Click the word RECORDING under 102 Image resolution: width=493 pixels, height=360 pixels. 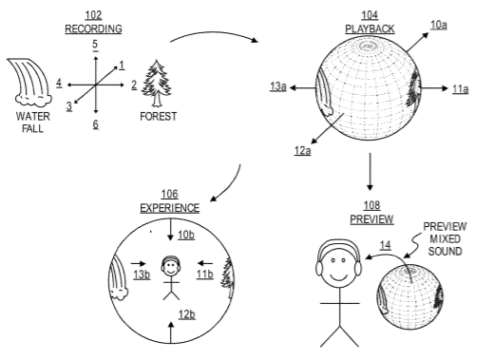click(x=93, y=28)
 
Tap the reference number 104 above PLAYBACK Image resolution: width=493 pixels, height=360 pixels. click(x=370, y=15)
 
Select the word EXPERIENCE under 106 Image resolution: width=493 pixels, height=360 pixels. click(x=170, y=208)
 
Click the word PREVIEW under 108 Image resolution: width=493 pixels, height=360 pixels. click(x=371, y=219)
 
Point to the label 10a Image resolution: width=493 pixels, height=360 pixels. click(x=439, y=25)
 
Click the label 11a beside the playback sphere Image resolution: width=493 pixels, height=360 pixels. click(x=460, y=89)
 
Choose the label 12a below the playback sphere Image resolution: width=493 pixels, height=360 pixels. click(x=302, y=150)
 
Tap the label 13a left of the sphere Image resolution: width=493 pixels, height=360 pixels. click(x=278, y=86)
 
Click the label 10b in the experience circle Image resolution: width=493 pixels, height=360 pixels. click(x=186, y=235)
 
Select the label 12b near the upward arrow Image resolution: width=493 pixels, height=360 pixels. click(x=186, y=314)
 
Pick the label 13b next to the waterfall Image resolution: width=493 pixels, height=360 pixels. click(x=142, y=275)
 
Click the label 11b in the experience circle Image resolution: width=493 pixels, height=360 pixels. click(x=204, y=275)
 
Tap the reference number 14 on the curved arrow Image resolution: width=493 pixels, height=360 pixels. click(x=385, y=245)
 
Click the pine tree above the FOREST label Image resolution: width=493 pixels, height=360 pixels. click(x=157, y=84)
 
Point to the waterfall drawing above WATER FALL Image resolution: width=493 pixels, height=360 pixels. click(x=29, y=83)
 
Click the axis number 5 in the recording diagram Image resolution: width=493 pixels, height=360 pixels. click(x=95, y=45)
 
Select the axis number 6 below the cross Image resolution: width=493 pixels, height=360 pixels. click(x=96, y=124)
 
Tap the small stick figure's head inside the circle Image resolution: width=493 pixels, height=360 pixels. click(x=171, y=268)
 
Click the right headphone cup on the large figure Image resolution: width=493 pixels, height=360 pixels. click(x=358, y=269)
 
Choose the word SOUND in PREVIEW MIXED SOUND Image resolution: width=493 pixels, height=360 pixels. click(x=445, y=252)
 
